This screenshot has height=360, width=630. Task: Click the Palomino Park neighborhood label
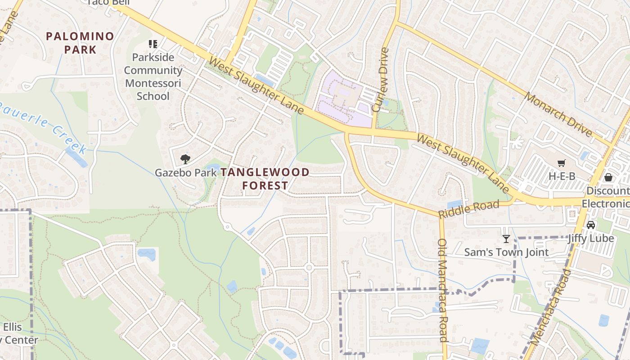80,43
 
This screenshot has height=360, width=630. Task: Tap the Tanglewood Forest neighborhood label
265,179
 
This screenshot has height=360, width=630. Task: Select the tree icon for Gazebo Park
185,159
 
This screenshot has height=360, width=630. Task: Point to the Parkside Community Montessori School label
153,76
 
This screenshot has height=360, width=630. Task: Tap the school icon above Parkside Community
153,44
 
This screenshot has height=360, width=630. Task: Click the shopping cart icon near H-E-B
561,163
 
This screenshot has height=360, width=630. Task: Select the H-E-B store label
562,176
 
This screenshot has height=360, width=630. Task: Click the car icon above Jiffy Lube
591,225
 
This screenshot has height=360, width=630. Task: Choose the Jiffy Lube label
591,238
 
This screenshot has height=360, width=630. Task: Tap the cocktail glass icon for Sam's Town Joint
506,239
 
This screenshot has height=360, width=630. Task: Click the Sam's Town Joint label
506,252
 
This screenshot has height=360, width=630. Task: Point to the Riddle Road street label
469,209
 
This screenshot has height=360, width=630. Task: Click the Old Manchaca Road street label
443,290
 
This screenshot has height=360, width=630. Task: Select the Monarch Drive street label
558,115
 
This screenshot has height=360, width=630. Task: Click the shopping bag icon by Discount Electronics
608,177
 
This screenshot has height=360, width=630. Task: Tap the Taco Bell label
108,2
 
